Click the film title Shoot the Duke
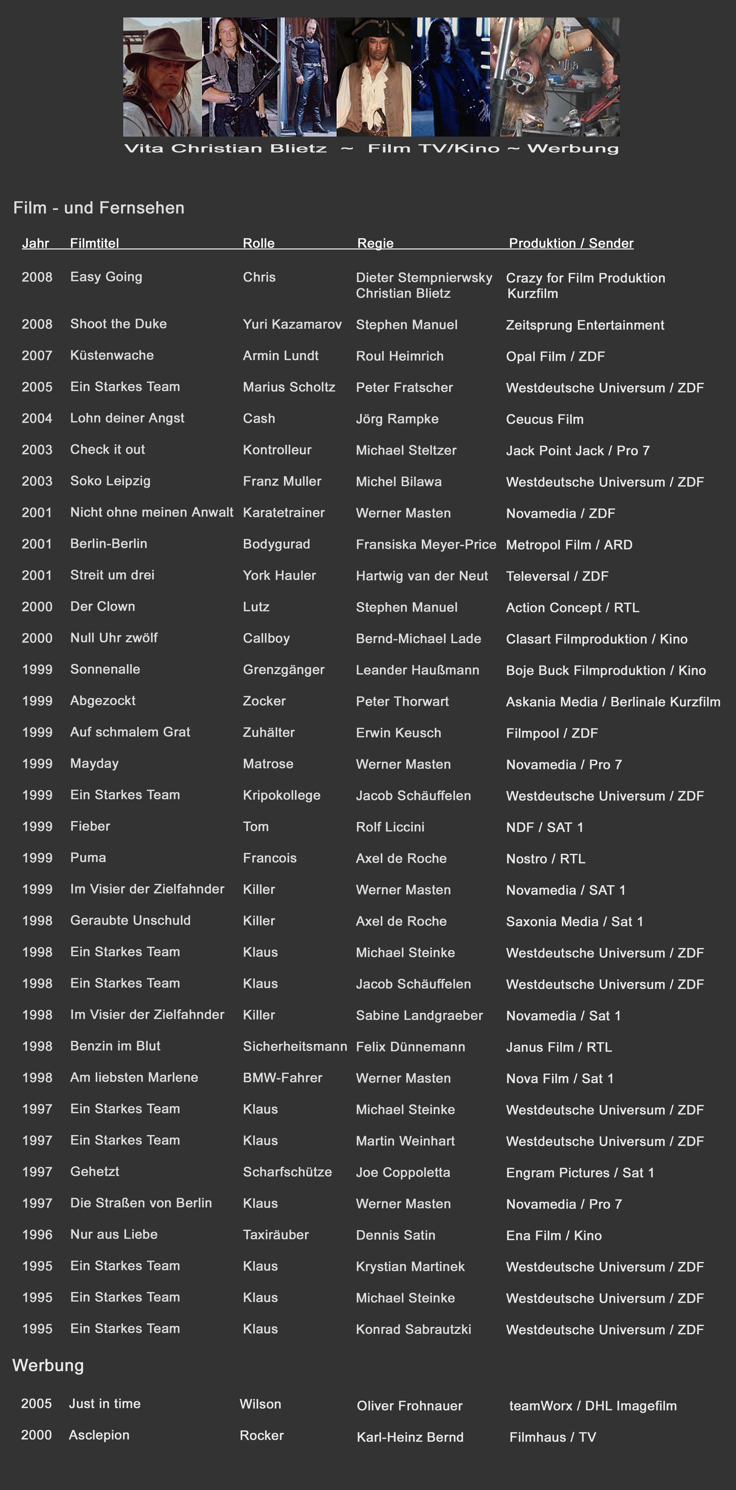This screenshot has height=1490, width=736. pyautogui.click(x=119, y=324)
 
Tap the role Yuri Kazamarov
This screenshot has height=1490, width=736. pyautogui.click(x=292, y=325)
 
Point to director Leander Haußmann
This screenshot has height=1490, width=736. pyautogui.click(x=418, y=670)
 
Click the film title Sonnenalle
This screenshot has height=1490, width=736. pyautogui.click(x=105, y=669)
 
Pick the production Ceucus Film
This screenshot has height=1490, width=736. pyautogui.click(x=545, y=419)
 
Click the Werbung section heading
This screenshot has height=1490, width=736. pyautogui.click(x=48, y=1366)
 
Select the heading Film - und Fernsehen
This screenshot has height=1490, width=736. pyautogui.click(x=99, y=208)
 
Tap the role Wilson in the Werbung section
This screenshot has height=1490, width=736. pyautogui.click(x=260, y=1404)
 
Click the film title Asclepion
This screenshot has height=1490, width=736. pyautogui.click(x=99, y=1435)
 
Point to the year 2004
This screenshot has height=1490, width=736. pyautogui.click(x=37, y=418)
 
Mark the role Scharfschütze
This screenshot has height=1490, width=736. pyautogui.click(x=287, y=1172)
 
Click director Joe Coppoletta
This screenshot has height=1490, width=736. pyautogui.click(x=403, y=1172)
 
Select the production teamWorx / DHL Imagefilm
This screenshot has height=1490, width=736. pyautogui.click(x=593, y=1405)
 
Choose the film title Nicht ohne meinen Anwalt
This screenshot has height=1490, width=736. pyautogui.click(x=152, y=512)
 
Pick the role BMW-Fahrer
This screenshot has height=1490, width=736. pyautogui.click(x=282, y=1078)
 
